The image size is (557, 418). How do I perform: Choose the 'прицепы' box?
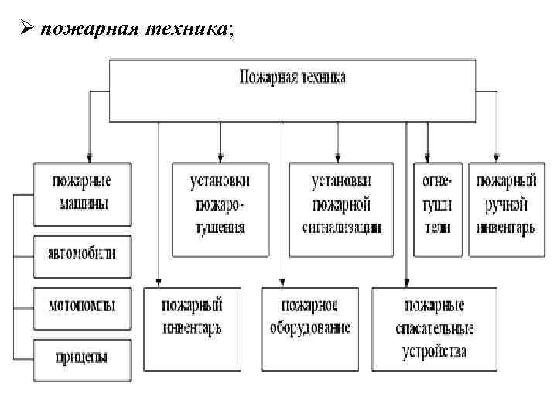click(x=81, y=357)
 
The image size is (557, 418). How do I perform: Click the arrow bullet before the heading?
click(x=26, y=29)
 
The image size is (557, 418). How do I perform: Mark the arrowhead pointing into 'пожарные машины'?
click(x=90, y=156)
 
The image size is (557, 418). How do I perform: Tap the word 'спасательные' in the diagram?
click(x=434, y=328)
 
